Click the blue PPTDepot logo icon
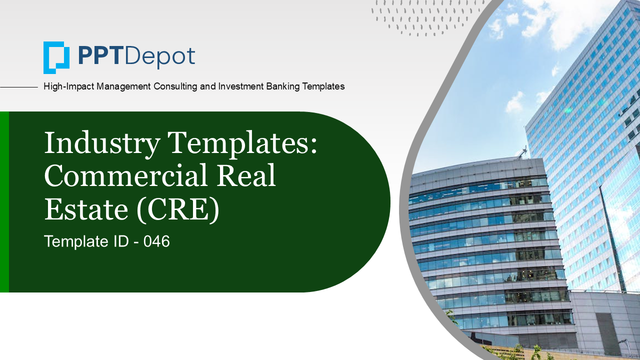[56, 57]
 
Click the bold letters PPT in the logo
[99, 56]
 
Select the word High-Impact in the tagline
[68, 86]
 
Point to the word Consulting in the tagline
[175, 86]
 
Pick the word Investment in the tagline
[240, 86]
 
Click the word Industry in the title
[102, 143]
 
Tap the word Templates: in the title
[242, 143]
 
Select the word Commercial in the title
[125, 175]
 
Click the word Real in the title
[246, 175]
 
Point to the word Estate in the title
[86, 209]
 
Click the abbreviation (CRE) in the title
[178, 210]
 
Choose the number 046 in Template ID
[156, 241]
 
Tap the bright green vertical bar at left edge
[4, 202]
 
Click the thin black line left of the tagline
[19, 87]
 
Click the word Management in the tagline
[123, 86]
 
